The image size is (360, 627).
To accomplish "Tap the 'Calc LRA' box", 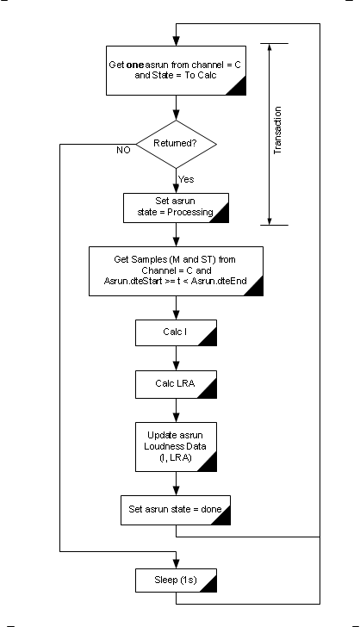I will (177, 382).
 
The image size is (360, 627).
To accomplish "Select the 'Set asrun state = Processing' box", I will (177, 208).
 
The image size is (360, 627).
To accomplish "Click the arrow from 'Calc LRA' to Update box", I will (177, 408).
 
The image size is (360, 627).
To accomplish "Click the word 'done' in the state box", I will (212, 510).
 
